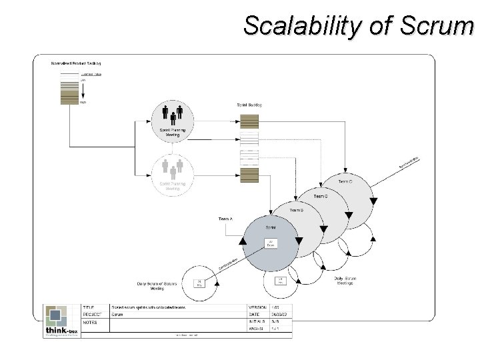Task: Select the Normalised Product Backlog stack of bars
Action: coord(69,89)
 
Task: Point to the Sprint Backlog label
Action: coord(249,105)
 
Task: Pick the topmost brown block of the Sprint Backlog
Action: coord(249,121)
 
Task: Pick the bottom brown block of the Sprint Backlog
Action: coord(249,176)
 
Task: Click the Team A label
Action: coord(226,219)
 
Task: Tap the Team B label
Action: coord(296,210)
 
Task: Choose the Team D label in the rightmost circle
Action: coord(345,181)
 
